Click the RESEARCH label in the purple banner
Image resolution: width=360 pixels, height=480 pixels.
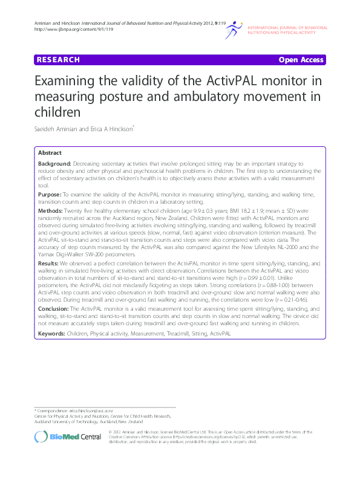pyautogui.click(x=58, y=60)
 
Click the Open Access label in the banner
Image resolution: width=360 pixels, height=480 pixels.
pyautogui.click(x=301, y=60)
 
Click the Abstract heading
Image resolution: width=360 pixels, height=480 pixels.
pyautogui.click(x=50, y=154)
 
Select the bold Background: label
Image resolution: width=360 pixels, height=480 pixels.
pyautogui.click(x=54, y=164)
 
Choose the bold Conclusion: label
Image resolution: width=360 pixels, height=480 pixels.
pyautogui.click(x=56, y=308)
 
